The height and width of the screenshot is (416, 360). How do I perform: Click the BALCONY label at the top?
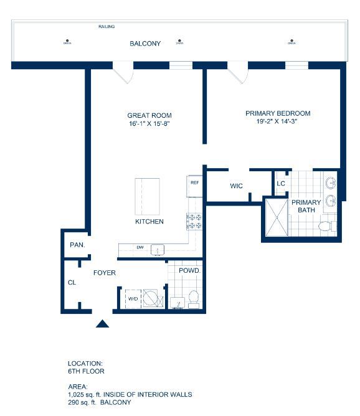coord(145,44)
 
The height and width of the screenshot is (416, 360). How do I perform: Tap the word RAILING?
coord(107,27)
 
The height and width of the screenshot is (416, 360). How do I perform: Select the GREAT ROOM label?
coord(149,115)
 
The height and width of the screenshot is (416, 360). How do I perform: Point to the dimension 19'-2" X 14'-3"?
coord(278,123)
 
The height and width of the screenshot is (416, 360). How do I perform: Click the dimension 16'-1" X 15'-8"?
coord(149,124)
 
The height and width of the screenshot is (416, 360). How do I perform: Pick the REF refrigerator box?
coord(194,183)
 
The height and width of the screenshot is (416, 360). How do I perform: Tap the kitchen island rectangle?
coord(147,196)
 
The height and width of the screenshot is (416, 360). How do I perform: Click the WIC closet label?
coord(236,186)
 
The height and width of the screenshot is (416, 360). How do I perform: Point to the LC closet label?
coord(281,183)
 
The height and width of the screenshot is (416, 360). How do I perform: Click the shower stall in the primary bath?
coord(277,216)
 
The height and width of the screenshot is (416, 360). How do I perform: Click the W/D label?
coord(133,299)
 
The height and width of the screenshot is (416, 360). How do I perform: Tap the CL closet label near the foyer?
coord(72,282)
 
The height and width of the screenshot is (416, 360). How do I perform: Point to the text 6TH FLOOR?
coord(86,371)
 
